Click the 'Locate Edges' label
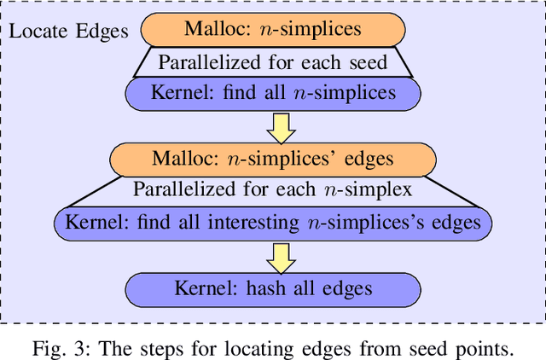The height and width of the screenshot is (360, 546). pyautogui.click(x=68, y=32)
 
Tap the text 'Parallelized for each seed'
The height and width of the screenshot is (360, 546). pyautogui.click(x=273, y=61)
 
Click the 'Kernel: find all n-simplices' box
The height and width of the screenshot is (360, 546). pyautogui.click(x=273, y=92)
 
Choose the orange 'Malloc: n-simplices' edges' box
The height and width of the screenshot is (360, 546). pyautogui.click(x=273, y=159)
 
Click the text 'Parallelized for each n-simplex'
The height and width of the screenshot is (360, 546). pyautogui.click(x=273, y=190)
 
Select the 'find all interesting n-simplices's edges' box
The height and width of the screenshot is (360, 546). pyautogui.click(x=273, y=223)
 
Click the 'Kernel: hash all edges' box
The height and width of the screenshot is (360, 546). pyautogui.click(x=273, y=287)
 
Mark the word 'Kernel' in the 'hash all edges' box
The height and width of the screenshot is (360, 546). pyautogui.click(x=202, y=287)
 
